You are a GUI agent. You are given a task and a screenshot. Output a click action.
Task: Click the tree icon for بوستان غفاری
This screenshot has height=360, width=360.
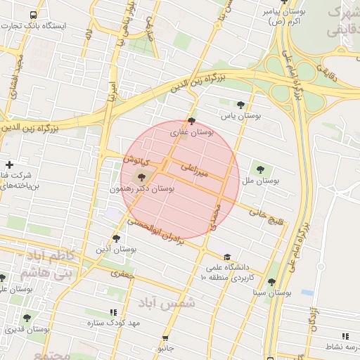[x=192, y=121]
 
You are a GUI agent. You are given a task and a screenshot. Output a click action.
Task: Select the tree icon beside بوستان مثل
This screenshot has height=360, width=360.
[x=261, y=169]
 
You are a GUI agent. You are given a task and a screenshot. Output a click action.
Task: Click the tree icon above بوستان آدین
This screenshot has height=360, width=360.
[x=117, y=238]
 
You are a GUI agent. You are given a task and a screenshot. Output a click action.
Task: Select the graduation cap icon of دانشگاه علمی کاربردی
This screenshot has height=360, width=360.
[x=226, y=256]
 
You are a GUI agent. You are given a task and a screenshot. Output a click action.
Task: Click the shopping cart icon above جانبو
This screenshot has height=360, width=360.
[x=166, y=338]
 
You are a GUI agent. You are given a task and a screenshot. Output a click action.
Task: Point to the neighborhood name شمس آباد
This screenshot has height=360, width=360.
[x=168, y=303]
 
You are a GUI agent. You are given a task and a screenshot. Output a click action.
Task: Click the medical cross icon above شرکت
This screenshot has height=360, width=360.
[x=9, y=165]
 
